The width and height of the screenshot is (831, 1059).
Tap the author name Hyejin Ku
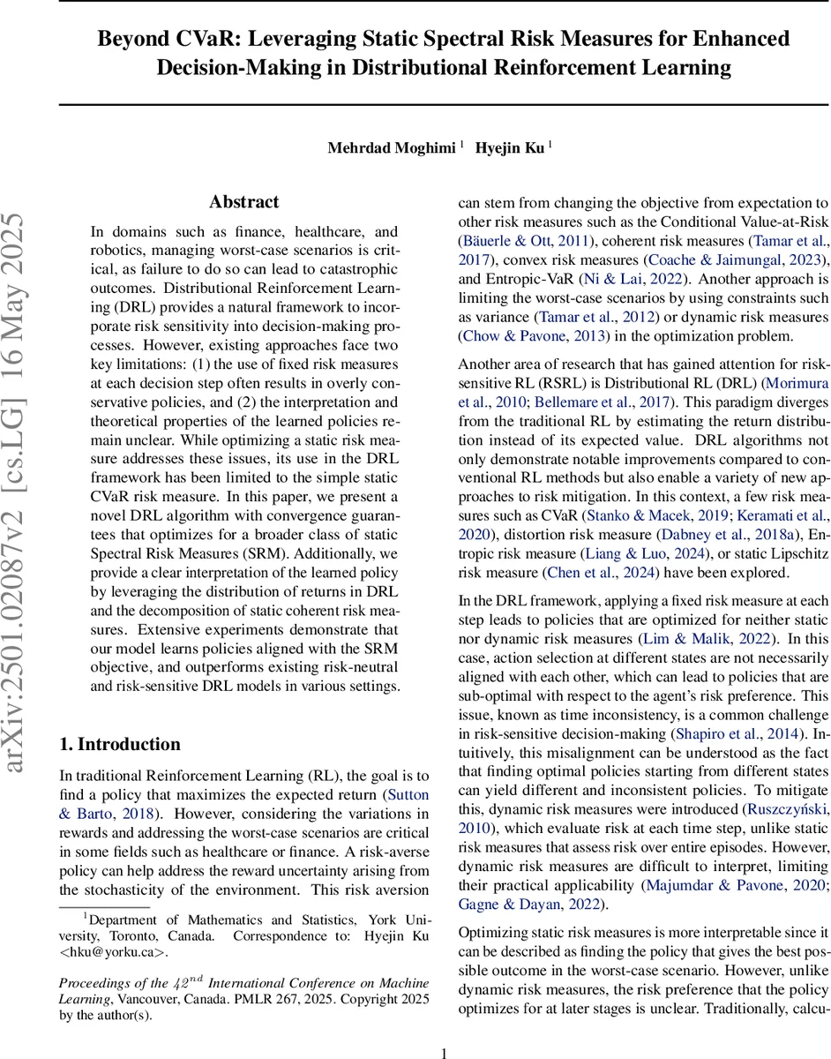pyautogui.click(x=511, y=148)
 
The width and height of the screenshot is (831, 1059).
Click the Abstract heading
pyautogui.click(x=244, y=202)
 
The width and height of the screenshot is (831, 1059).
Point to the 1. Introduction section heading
pyautogui.click(x=120, y=744)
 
